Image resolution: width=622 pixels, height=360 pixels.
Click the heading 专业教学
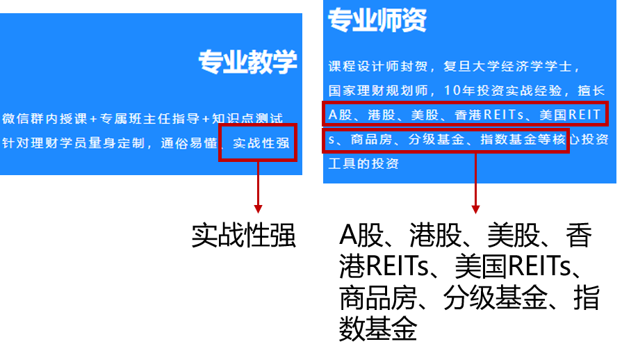point(247,62)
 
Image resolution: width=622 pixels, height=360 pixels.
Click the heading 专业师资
point(377,21)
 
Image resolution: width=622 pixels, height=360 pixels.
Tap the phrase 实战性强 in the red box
point(261,143)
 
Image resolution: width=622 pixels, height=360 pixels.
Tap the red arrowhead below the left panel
point(258,208)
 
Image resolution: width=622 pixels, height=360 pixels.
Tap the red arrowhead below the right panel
point(475,208)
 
